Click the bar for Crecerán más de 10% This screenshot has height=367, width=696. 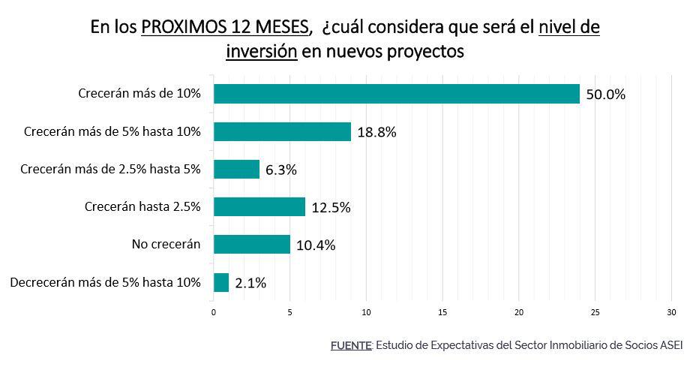click(x=397, y=94)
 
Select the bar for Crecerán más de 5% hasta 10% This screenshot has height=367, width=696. click(x=282, y=131)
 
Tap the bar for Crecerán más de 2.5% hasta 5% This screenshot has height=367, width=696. click(x=236, y=169)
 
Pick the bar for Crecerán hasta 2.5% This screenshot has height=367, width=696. click(x=259, y=206)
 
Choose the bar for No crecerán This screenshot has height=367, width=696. click(x=251, y=244)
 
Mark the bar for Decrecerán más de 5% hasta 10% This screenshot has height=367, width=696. click(x=221, y=282)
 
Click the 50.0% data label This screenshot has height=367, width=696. click(x=605, y=95)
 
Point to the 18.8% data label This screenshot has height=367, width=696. click(x=376, y=133)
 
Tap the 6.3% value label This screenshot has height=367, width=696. click(x=281, y=170)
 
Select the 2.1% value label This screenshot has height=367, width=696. click(x=250, y=284)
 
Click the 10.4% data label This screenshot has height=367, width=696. click(x=315, y=245)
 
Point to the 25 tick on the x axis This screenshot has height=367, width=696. click(x=595, y=311)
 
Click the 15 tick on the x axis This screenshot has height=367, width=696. click(x=442, y=311)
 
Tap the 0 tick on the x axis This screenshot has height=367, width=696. click(x=214, y=311)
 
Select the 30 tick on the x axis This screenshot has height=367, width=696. click(x=671, y=311)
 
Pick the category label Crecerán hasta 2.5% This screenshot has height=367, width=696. click(x=142, y=206)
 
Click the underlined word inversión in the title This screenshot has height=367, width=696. click(x=262, y=52)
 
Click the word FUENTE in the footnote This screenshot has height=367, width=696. click(x=351, y=345)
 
